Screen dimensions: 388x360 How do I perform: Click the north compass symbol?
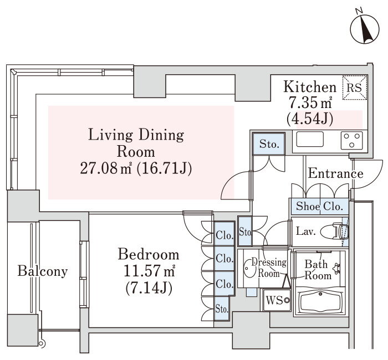coord(365,29)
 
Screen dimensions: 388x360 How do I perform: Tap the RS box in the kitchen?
coord(355,88)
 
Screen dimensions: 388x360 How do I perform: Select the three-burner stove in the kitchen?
coord(351,141)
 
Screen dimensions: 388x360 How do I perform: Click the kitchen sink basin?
coord(310,139)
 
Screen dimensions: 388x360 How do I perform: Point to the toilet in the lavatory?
coord(334,232)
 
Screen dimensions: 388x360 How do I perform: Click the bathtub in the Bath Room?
coord(320,302)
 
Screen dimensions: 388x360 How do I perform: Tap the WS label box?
coord(277,300)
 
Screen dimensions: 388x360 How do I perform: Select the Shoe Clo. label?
coord(319,206)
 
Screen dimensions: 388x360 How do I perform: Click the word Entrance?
coord(335,173)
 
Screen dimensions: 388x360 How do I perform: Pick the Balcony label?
coord(43,271)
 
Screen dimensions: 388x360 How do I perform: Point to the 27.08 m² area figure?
coord(106,169)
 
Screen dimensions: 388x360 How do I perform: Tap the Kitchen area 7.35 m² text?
coord(310,102)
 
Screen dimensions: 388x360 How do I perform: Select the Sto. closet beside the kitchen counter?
coord(269,144)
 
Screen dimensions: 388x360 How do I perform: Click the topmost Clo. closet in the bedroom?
coord(224,234)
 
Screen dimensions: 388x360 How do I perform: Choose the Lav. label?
coord(306,232)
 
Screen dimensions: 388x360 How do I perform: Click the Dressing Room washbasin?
coord(247,268)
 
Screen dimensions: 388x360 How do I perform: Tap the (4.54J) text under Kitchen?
coord(310,119)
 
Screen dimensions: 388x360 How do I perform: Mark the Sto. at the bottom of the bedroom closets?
coord(222,308)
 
